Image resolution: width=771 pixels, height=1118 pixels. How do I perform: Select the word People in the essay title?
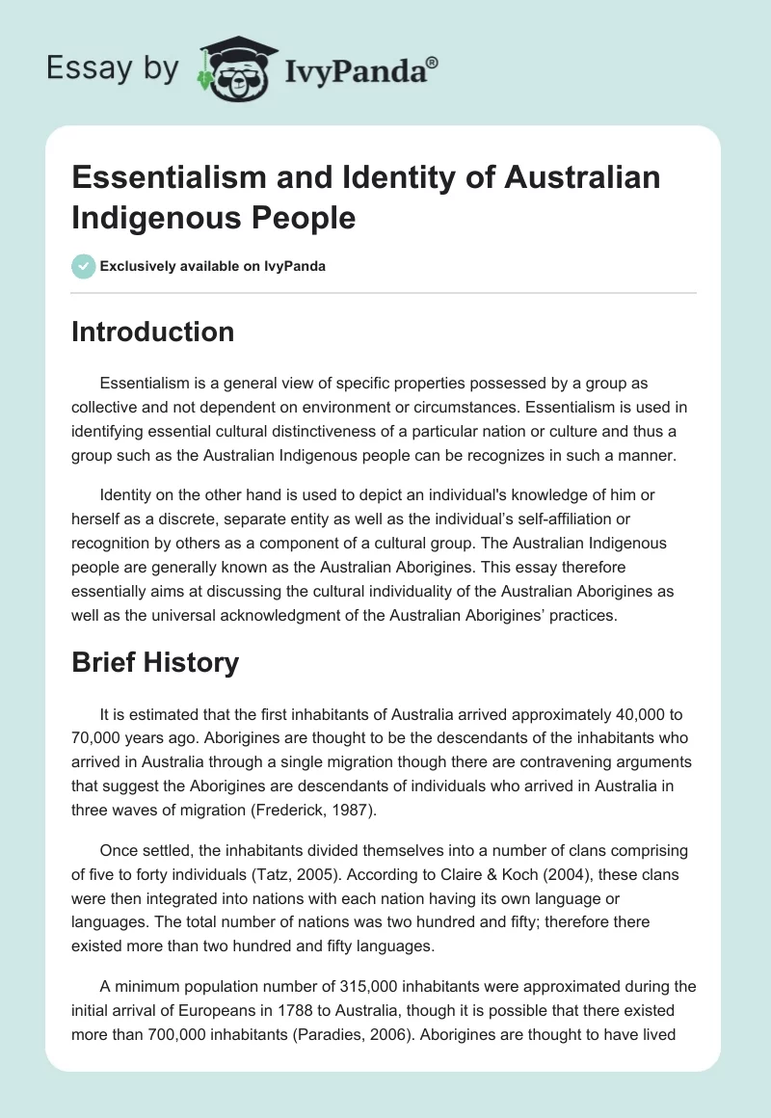tap(300, 217)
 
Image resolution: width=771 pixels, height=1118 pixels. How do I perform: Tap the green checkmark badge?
tap(84, 266)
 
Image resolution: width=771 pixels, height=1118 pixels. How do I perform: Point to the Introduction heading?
tap(152, 332)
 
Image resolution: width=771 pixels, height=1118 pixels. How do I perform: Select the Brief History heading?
tap(156, 663)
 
